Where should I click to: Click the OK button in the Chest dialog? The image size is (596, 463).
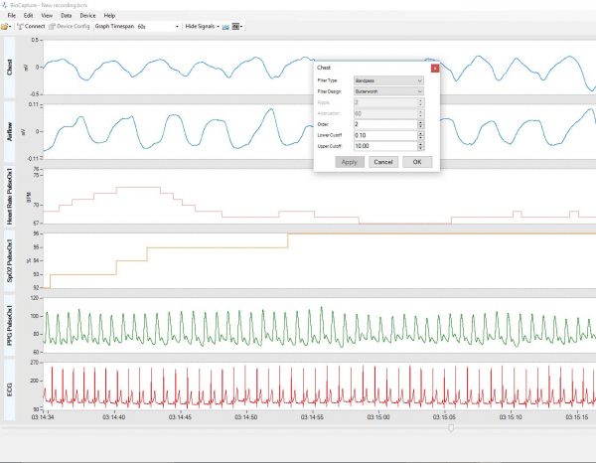416,161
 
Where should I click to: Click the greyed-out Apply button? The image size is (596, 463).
349,161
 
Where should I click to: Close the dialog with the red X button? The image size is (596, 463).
434,67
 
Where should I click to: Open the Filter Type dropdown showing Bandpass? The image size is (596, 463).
388,79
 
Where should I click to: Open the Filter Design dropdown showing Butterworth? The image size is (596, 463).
388,90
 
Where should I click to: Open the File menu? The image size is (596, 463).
11,16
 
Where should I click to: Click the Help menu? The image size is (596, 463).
109,16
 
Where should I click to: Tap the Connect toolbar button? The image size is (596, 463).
30,26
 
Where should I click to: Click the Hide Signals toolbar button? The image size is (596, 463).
205,26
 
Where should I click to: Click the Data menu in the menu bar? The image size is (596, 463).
66,16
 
